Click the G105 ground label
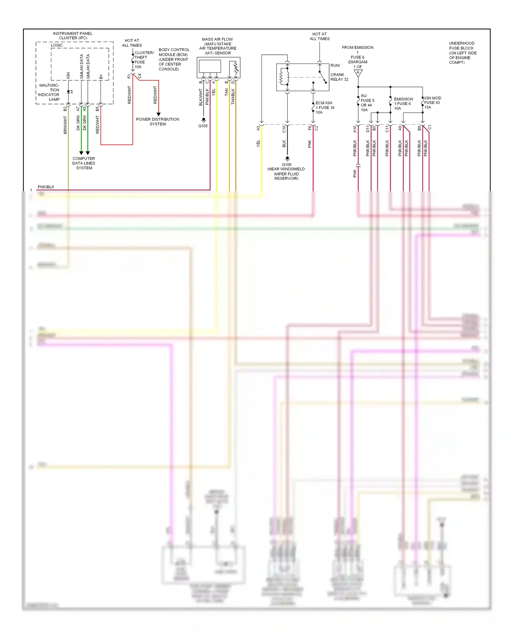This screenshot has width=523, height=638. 203,126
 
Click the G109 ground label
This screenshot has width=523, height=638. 287,165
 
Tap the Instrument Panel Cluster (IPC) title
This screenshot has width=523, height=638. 73,36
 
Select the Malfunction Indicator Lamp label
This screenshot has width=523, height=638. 49,92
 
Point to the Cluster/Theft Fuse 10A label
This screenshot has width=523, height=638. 143,60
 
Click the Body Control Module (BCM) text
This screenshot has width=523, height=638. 174,59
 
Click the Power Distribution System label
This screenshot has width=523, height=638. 158,121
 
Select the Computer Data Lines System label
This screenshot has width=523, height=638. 84,163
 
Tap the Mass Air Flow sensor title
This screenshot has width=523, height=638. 218,46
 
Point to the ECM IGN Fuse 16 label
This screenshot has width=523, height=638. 325,107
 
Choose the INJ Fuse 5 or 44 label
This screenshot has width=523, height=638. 367,103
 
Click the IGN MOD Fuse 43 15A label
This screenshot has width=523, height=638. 432,103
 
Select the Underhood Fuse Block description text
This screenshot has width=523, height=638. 462,53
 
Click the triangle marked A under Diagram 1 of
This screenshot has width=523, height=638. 358,73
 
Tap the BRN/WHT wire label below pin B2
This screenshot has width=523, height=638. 65,125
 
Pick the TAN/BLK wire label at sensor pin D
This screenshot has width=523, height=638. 233,97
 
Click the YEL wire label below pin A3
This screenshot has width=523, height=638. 258,143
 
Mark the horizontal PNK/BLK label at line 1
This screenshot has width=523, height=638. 46,187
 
